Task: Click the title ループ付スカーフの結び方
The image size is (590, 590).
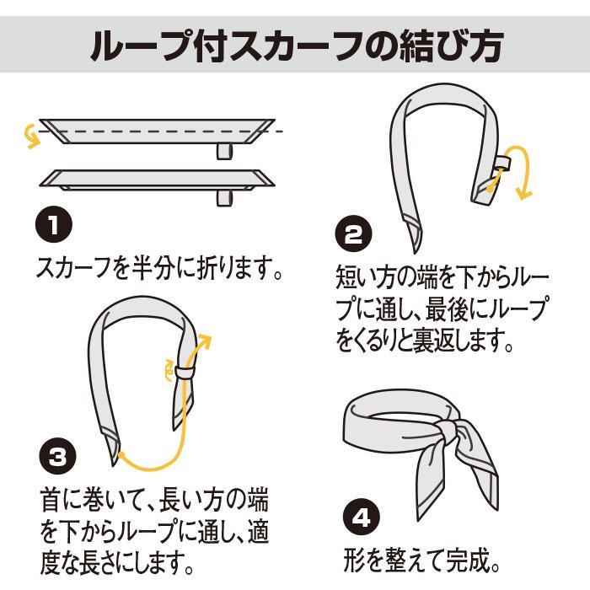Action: tap(295, 46)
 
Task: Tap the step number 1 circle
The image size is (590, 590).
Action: tap(55, 226)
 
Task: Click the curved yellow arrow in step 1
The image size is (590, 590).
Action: tap(32, 136)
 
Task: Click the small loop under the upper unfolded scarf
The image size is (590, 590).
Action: tap(223, 151)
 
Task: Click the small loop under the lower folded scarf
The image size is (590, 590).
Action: tap(223, 197)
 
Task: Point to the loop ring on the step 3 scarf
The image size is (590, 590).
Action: tap(185, 371)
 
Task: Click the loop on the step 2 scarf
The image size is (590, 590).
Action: tap(502, 163)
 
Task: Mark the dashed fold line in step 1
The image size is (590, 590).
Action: tap(152, 132)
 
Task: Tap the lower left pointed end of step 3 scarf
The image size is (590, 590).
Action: tap(114, 459)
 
